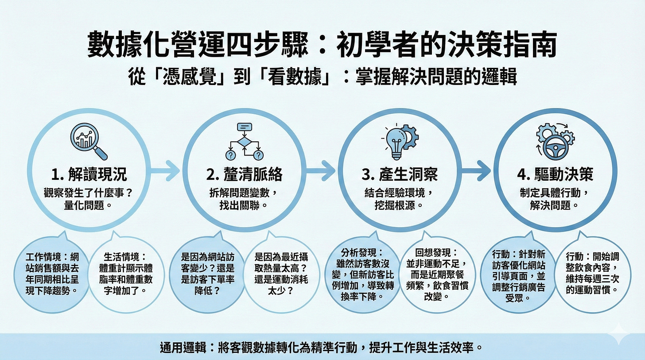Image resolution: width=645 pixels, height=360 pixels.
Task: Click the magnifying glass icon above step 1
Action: (89, 141)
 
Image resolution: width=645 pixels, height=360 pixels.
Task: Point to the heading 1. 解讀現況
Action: (89, 174)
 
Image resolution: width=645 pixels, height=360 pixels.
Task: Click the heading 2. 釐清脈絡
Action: (245, 174)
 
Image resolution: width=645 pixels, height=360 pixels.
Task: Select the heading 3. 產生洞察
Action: (400, 174)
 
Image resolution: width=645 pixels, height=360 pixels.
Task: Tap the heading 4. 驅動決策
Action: (555, 174)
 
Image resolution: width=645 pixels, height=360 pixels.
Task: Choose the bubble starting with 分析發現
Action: (362, 275)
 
